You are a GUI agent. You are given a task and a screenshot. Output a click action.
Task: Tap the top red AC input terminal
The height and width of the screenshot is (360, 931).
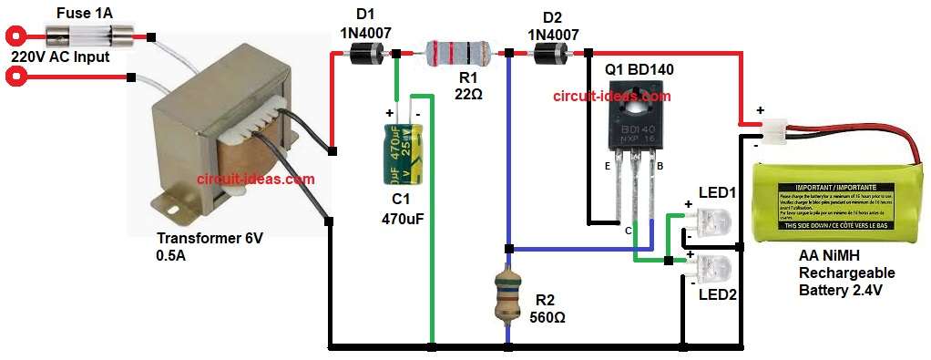pos(15,37)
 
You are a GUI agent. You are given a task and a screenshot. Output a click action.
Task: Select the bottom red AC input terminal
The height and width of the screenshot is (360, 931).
pos(15,77)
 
